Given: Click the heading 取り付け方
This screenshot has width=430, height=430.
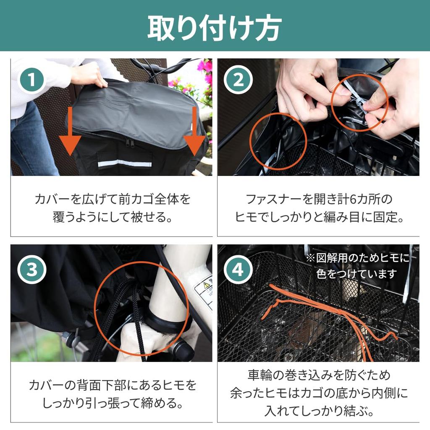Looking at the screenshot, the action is click(215, 28).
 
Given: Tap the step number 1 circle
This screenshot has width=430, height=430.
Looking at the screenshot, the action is click(32, 80).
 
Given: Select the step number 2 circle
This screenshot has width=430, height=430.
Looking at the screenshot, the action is click(238, 80).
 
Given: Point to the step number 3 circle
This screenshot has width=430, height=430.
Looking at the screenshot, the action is click(32, 269).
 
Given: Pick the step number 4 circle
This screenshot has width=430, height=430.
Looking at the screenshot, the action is click(238, 269).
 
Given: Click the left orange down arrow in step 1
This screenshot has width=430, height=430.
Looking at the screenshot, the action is click(70, 131).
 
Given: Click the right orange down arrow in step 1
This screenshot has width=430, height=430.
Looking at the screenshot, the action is click(194, 131).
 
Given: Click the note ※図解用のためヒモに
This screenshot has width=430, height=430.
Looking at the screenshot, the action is click(358, 258).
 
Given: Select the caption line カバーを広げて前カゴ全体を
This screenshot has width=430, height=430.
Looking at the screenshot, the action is click(113, 199).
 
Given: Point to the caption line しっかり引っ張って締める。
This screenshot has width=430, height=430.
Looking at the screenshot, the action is click(113, 403).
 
